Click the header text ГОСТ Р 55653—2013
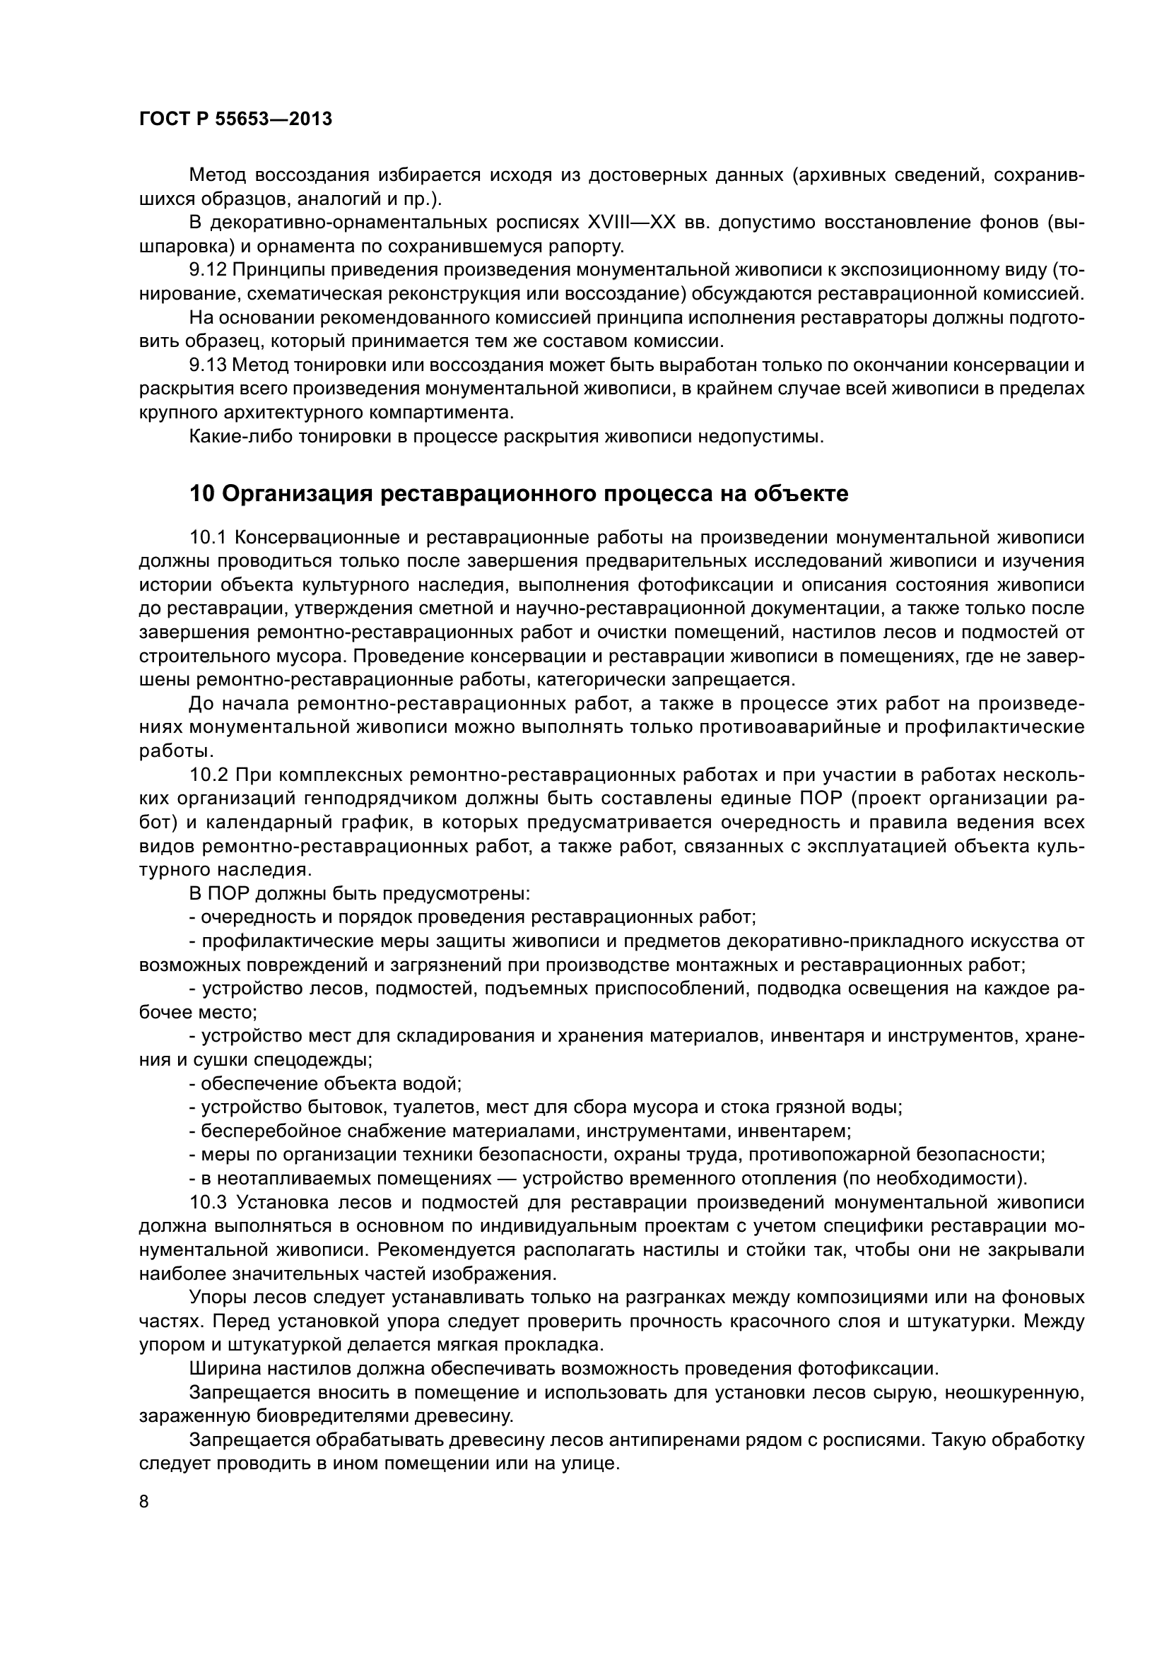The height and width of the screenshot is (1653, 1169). click(235, 119)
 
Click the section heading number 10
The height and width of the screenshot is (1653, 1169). click(201, 494)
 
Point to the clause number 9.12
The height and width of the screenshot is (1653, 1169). click(208, 270)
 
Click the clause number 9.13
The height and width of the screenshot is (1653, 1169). click(208, 365)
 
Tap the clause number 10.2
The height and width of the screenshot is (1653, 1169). click(208, 775)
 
